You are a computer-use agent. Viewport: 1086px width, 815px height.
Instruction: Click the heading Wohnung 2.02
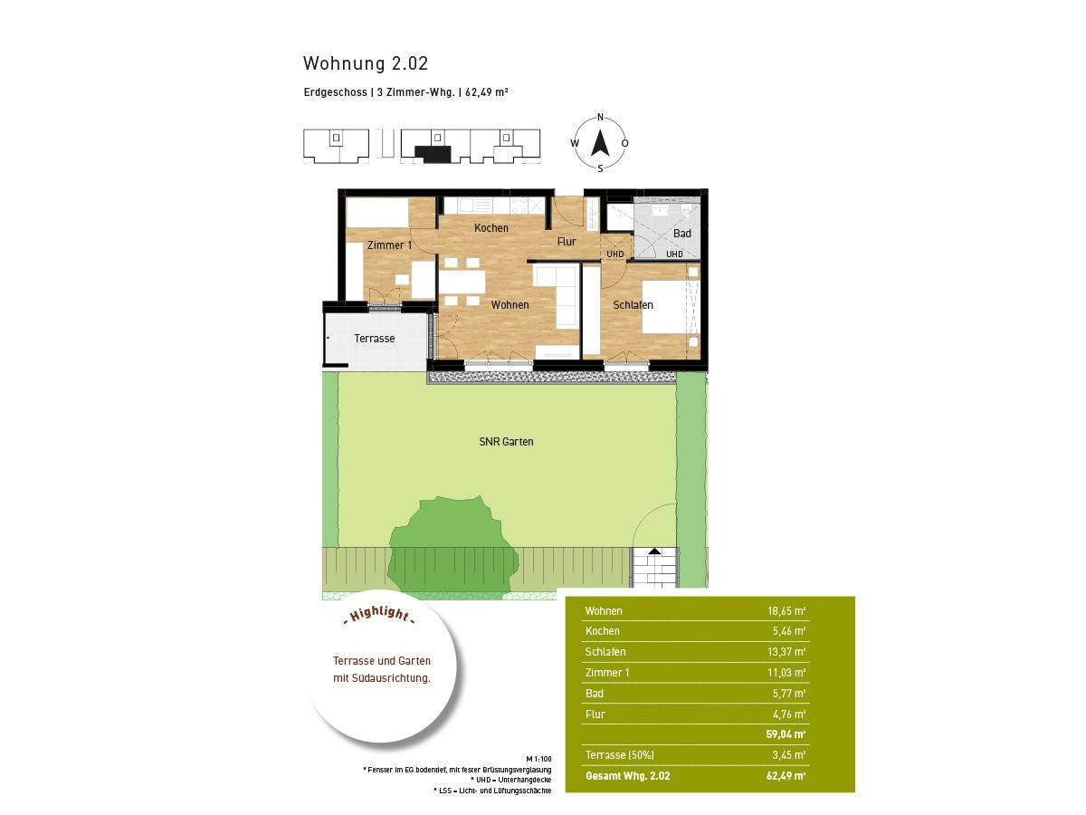[x=365, y=63]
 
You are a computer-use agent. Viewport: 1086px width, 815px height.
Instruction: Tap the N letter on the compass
[x=600, y=118]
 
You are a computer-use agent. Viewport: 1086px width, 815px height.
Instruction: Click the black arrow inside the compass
[x=600, y=142]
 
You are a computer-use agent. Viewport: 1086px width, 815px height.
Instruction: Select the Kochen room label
[x=491, y=228]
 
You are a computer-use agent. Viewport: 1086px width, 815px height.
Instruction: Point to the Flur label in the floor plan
[x=567, y=242]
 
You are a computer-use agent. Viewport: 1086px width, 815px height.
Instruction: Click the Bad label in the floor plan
[x=681, y=234]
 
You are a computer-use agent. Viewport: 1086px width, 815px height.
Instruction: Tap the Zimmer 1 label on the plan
[x=389, y=244]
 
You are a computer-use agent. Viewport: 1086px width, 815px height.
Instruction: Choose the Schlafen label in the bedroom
[x=633, y=305]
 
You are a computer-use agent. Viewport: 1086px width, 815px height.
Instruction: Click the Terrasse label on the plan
[x=374, y=339]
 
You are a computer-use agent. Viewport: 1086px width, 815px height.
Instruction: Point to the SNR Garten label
[x=506, y=441]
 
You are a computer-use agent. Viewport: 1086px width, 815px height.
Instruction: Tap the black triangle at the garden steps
[x=654, y=551]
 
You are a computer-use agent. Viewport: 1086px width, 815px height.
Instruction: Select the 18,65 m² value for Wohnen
[x=786, y=610]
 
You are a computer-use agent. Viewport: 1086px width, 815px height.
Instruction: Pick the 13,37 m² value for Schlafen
[x=786, y=652]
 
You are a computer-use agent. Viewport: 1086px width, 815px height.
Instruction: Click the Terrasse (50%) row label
[x=619, y=754]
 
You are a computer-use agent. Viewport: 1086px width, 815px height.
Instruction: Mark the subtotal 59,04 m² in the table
[x=786, y=733]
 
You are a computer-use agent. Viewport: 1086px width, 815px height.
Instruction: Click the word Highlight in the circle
[x=380, y=614]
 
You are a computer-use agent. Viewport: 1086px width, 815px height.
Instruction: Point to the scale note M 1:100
[x=538, y=759]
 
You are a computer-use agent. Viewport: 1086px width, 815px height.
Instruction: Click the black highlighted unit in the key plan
[x=433, y=153]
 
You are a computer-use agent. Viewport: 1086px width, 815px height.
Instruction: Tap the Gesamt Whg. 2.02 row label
[x=627, y=775]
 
